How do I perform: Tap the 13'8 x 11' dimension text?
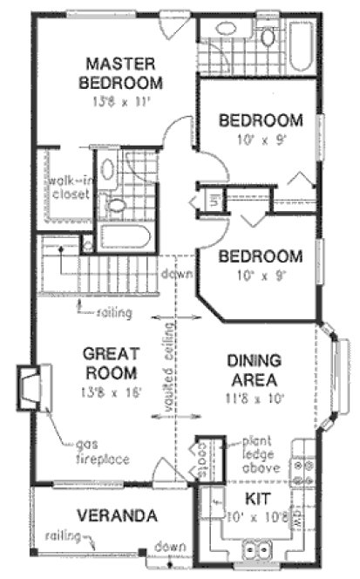click(121, 101)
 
